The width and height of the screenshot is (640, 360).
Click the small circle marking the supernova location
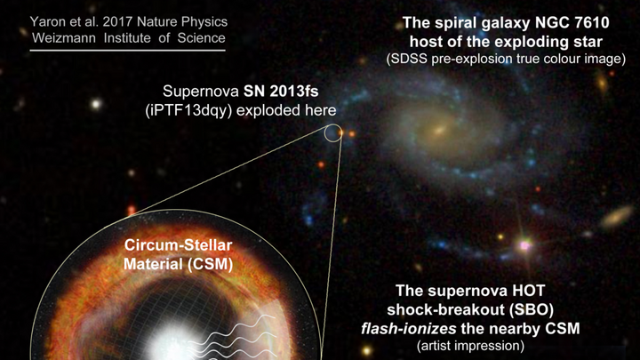click(x=332, y=133)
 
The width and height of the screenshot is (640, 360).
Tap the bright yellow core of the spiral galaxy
click(x=438, y=134)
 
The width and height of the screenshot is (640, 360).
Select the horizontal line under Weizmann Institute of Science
click(x=128, y=50)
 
